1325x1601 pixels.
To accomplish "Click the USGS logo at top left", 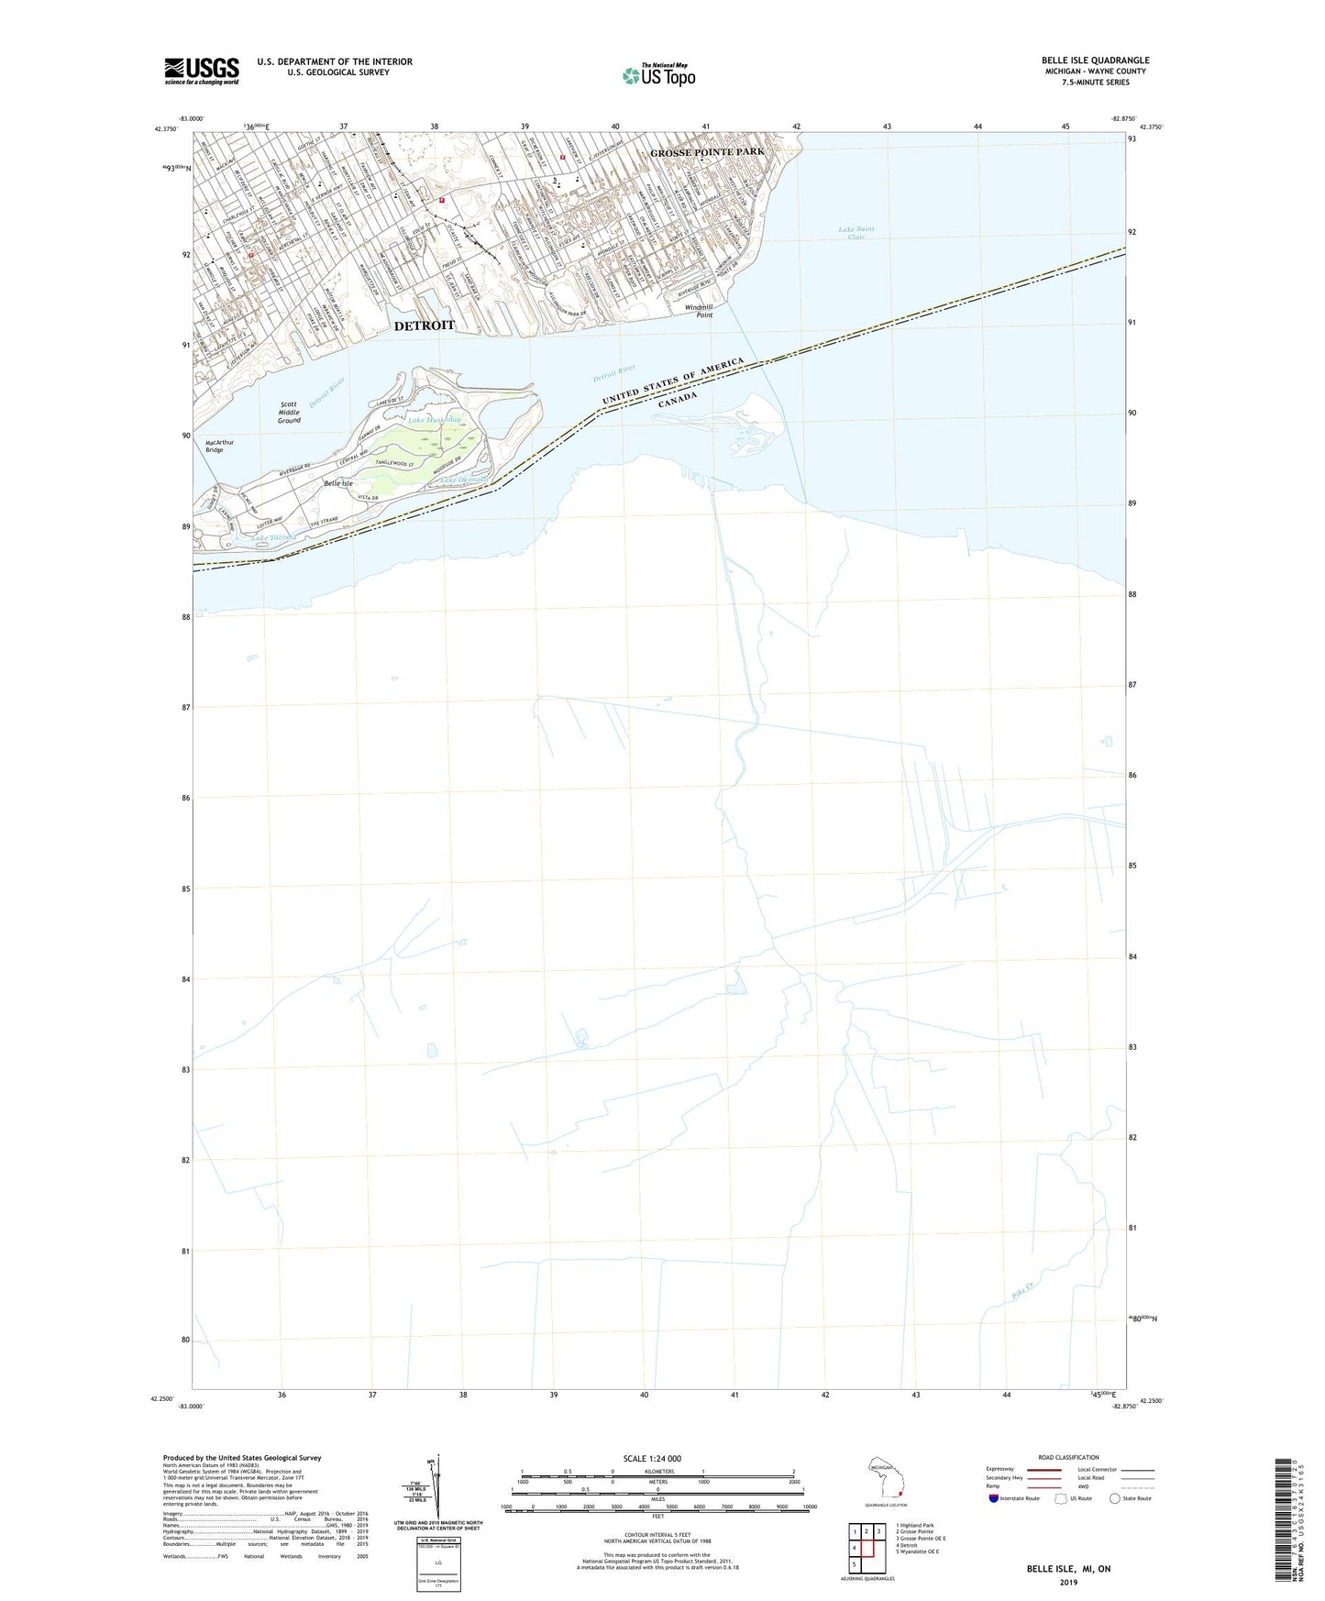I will pos(202,70).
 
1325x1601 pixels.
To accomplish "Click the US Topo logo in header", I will pos(658,75).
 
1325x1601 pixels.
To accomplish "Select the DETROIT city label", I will pos(425,326).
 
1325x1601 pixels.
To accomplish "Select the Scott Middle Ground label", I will pos(289,412).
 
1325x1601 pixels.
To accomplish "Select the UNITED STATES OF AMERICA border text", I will pos(672,381).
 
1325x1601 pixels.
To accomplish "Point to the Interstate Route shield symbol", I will pos(994,1498).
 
